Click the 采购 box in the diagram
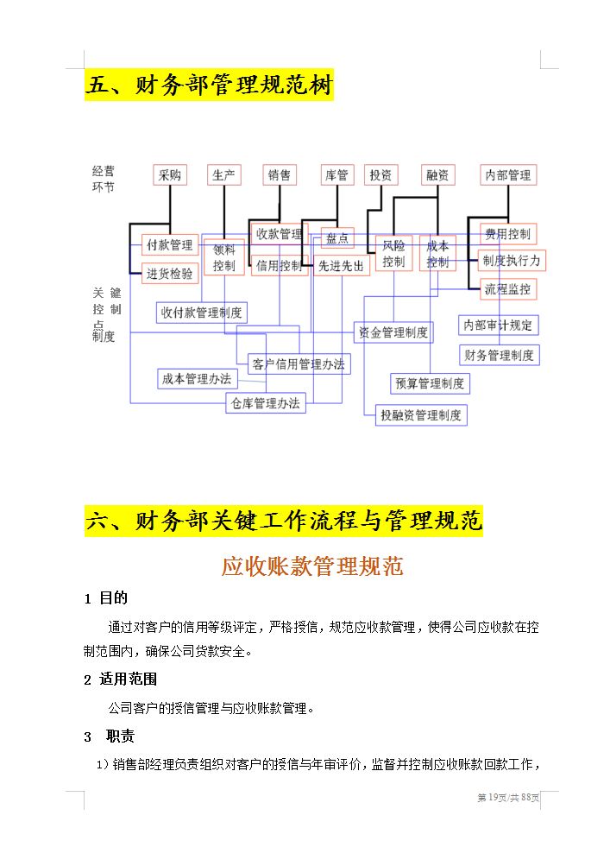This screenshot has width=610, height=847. pyautogui.click(x=170, y=174)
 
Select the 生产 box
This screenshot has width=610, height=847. pyautogui.click(x=224, y=174)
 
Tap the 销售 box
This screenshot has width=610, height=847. pyautogui.click(x=280, y=174)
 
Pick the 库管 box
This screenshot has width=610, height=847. pyautogui.click(x=336, y=174)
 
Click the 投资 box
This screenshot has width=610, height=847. pyautogui.click(x=380, y=174)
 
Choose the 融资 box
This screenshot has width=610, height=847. pyautogui.click(x=437, y=174)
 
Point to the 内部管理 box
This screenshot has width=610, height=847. pyautogui.click(x=508, y=174)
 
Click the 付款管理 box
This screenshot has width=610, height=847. pyautogui.click(x=170, y=244)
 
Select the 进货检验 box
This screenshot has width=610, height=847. pyautogui.click(x=170, y=273)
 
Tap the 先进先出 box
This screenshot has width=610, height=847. pyautogui.click(x=341, y=265)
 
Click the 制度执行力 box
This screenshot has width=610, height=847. pyautogui.click(x=512, y=260)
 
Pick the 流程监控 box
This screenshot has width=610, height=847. pyautogui.click(x=508, y=288)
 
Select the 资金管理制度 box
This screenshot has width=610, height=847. pyautogui.click(x=393, y=332)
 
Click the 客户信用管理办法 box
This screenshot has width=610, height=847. pyautogui.click(x=298, y=363)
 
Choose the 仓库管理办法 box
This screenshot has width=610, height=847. pyautogui.click(x=266, y=402)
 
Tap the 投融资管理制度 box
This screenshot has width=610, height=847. pyautogui.click(x=421, y=414)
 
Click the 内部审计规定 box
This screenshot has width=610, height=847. pyautogui.click(x=499, y=325)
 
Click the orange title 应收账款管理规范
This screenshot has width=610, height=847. pyautogui.click(x=312, y=566)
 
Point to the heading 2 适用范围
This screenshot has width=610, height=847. pyautogui.click(x=121, y=679)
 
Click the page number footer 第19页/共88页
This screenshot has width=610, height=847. pyautogui.click(x=509, y=797)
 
